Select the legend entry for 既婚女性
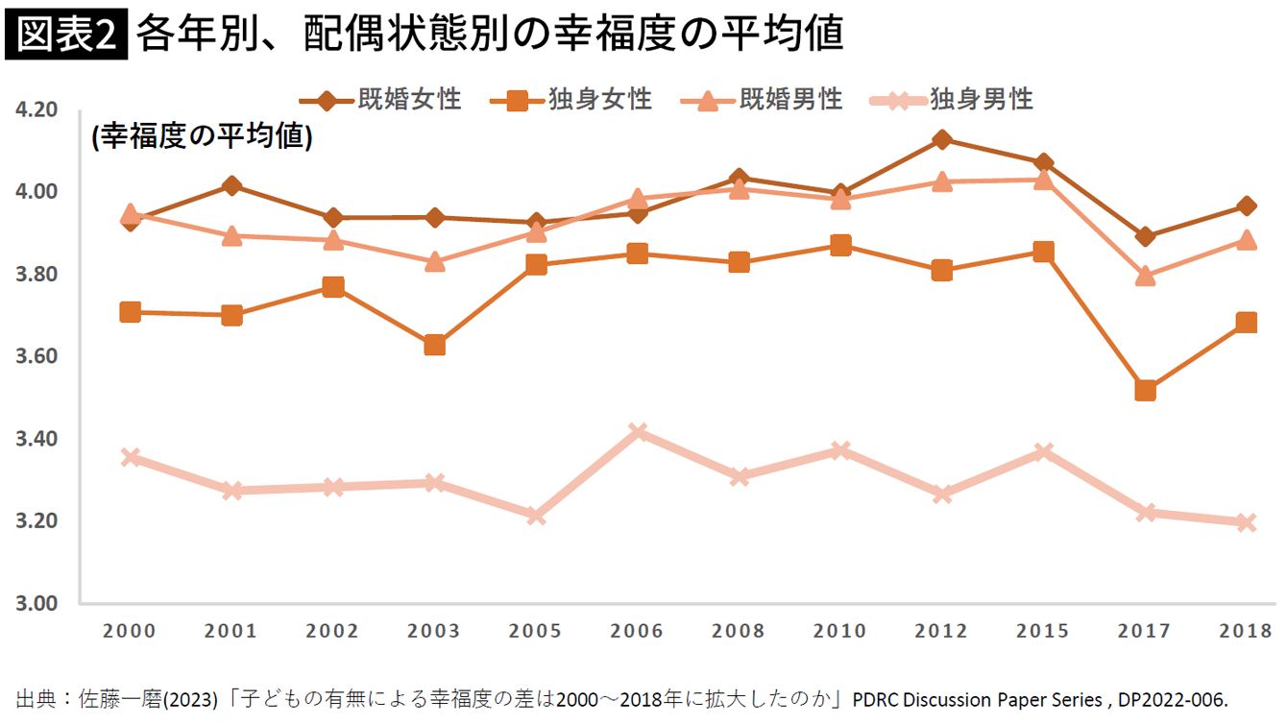click(380, 99)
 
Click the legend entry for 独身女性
click(571, 99)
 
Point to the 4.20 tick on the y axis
click(36, 110)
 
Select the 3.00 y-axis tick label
click(36, 604)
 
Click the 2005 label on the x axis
click(535, 631)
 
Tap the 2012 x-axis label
click(941, 631)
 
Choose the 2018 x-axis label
click(1246, 631)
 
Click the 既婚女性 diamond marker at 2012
click(942, 140)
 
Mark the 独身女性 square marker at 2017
click(1145, 391)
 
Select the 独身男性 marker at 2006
click(638, 432)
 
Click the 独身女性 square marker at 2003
click(434, 345)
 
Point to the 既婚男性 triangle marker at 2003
click(434, 261)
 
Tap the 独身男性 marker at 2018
click(1246, 523)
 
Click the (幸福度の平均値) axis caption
click(202, 137)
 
